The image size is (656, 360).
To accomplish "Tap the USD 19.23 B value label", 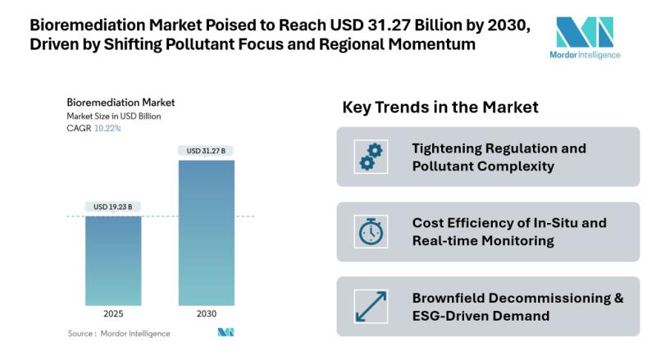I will click(x=113, y=206).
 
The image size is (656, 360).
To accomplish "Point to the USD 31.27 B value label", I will click(x=206, y=150).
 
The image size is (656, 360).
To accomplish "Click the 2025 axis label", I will click(x=113, y=313).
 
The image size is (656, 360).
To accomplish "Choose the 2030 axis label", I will click(x=206, y=313).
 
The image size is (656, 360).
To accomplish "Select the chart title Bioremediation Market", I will click(x=121, y=103).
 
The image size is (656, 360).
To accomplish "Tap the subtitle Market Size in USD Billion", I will click(x=114, y=116).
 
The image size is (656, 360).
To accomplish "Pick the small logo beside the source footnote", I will click(x=225, y=333).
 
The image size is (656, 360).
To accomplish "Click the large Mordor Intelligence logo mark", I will click(x=584, y=32).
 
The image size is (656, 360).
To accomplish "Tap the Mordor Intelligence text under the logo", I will click(x=584, y=55).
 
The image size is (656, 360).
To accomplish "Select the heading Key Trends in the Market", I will click(x=440, y=107).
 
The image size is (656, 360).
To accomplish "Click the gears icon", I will click(x=369, y=156).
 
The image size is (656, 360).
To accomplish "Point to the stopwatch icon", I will click(x=369, y=231).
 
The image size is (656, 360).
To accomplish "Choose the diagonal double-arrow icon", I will click(x=369, y=306).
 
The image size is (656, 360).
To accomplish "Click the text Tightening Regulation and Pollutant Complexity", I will click(x=499, y=157).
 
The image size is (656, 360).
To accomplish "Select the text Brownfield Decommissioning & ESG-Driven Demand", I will click(x=517, y=306).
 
